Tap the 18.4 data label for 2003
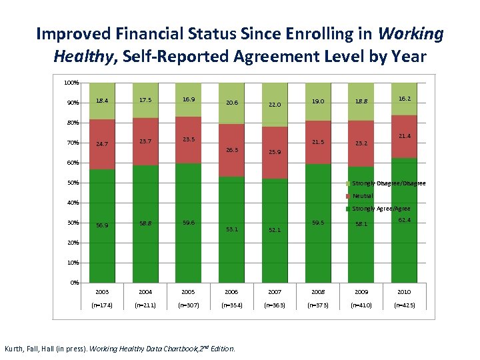(x=102, y=101)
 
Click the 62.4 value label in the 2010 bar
(x=404, y=219)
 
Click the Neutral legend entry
(x=363, y=196)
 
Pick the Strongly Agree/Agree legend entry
(x=381, y=209)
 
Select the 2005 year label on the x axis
(x=188, y=291)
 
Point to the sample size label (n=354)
(x=231, y=305)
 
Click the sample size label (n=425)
(x=404, y=305)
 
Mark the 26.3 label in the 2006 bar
(x=231, y=149)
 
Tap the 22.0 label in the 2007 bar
(x=275, y=105)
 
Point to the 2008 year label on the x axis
(x=318, y=291)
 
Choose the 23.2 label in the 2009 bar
(x=361, y=143)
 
